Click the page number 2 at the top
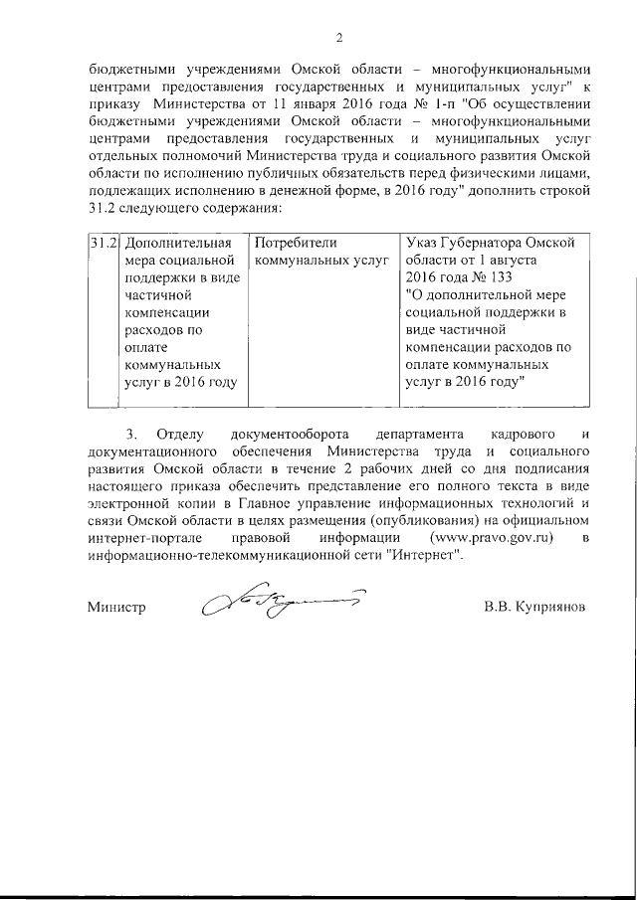pyautogui.click(x=338, y=39)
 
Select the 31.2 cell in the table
pyautogui.click(x=105, y=243)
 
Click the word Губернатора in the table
pyautogui.click(x=484, y=243)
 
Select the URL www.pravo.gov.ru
pyautogui.click(x=490, y=538)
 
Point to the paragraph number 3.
pyautogui.click(x=130, y=434)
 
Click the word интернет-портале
pyautogui.click(x=138, y=538)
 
